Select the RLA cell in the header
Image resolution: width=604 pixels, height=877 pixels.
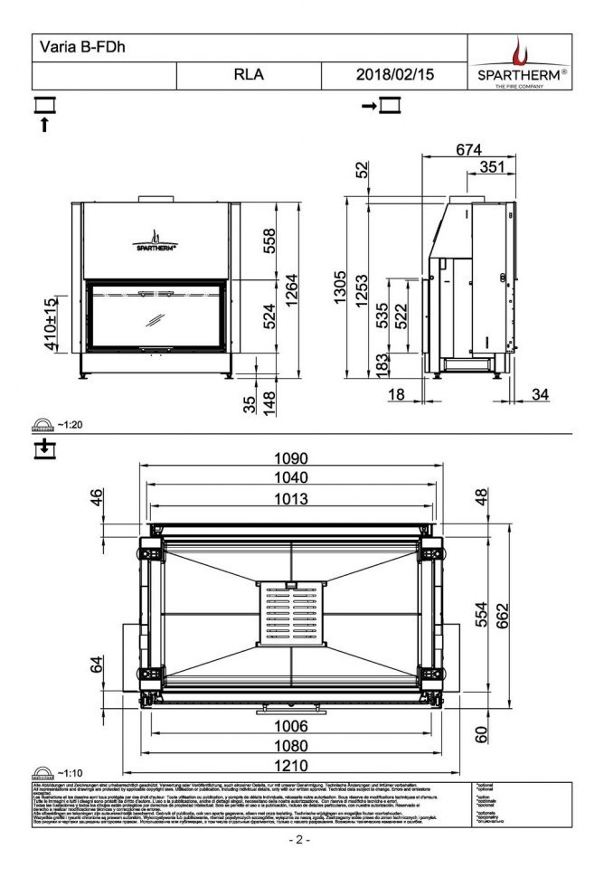(249, 76)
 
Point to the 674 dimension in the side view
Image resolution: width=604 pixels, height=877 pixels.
(468, 150)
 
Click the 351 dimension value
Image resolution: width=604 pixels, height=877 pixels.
(491, 167)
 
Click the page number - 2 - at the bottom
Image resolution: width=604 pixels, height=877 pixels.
(299, 840)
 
